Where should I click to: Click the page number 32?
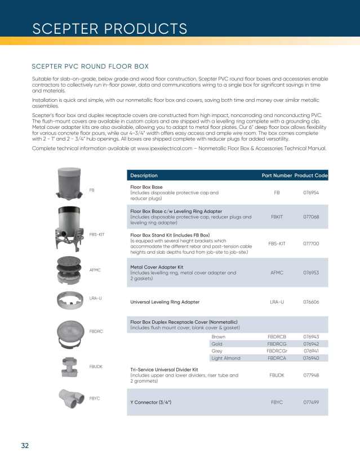pos(25,446)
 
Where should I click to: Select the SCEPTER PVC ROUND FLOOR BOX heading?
pos(90,66)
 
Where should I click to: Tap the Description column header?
pos(144,176)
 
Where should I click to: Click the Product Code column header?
pos(310,176)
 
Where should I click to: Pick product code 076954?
pos(311,192)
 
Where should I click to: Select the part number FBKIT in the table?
pos(277,217)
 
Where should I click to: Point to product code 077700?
pos(311,244)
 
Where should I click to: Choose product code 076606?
pos(311,302)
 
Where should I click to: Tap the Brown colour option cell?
pos(218,337)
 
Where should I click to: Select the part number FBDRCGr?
pos(277,351)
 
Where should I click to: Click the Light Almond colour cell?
pos(225,358)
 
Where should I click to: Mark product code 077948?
pos(311,374)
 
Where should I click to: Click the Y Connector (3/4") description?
pos(150,402)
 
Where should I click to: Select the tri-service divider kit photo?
pos(72,368)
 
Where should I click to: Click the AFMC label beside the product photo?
pos(95,270)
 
